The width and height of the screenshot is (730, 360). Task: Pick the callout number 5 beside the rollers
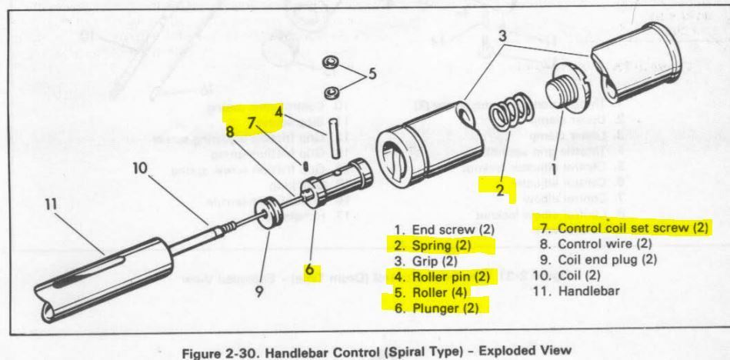tap(372, 75)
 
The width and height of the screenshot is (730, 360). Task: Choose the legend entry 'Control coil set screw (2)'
tap(622, 228)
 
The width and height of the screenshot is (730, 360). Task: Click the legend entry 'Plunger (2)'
tap(439, 306)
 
